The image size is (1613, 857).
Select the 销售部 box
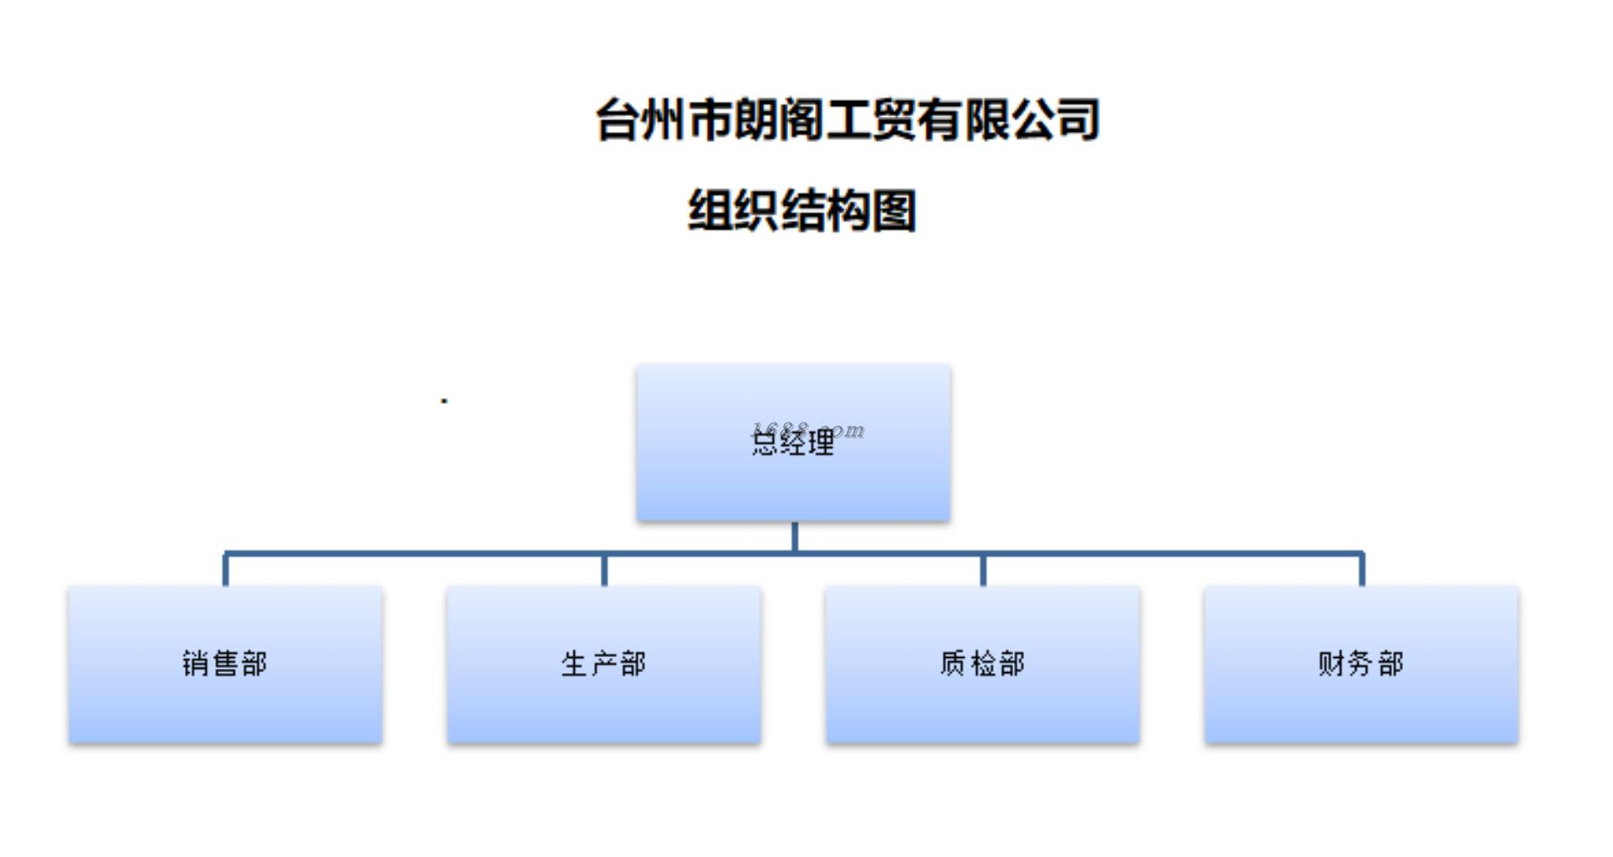point(225,664)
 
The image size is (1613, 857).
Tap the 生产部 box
point(604,664)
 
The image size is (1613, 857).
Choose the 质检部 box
point(982,664)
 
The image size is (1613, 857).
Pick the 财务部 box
point(1361,664)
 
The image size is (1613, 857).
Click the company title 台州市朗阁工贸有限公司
point(847,120)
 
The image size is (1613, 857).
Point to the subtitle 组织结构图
point(801,210)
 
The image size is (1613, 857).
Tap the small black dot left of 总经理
point(444,401)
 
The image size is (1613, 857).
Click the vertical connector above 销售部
point(225,570)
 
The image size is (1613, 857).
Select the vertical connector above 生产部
point(604,570)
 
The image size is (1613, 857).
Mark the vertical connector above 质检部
point(983,570)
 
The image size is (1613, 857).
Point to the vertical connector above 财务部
point(1362,570)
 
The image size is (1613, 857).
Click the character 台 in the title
point(618,120)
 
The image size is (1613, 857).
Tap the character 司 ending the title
point(1078,120)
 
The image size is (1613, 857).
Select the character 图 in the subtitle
point(894,210)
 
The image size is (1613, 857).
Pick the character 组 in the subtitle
point(710,210)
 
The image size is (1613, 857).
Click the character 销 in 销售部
point(196,664)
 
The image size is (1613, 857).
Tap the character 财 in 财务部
point(1332,664)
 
